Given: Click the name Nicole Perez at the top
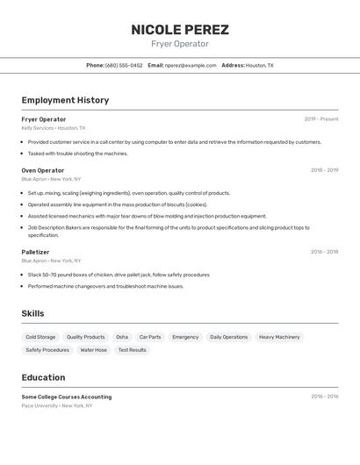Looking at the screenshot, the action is tap(180, 30).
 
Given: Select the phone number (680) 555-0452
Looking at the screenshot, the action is tap(124, 65).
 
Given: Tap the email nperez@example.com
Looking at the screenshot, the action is tap(191, 65).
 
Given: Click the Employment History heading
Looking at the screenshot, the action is tap(65, 100).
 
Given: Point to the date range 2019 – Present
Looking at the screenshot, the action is tap(321, 119).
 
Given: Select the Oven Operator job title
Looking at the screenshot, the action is tap(43, 170).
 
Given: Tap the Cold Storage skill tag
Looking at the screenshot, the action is tap(40, 337).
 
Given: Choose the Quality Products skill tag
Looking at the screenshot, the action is tap(85, 337).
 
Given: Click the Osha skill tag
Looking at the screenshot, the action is tap(122, 337).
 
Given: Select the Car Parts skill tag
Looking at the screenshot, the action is tap(150, 337).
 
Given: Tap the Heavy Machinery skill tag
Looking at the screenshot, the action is tap(279, 337).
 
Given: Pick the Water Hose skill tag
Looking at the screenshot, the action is tap(93, 350).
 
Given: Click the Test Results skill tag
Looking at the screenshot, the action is tap(132, 350).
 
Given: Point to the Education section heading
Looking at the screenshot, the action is tap(43, 377).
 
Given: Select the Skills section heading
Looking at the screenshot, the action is tap(32, 313).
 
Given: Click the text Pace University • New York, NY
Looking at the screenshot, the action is tap(56, 405).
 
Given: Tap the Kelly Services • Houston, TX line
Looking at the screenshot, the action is tap(54, 127).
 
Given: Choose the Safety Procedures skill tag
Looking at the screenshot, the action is tap(47, 350).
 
